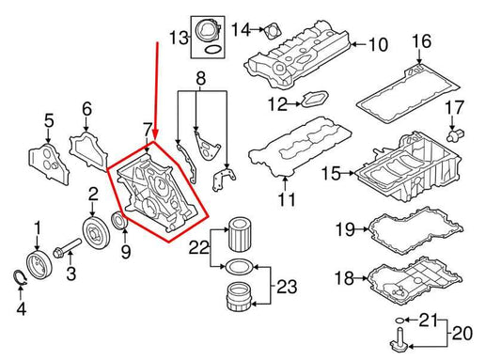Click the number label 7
pos(147,128)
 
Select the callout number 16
pos(420,41)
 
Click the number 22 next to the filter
pos(198,248)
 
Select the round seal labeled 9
pos(119,223)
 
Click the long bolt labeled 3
pos(65,252)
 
